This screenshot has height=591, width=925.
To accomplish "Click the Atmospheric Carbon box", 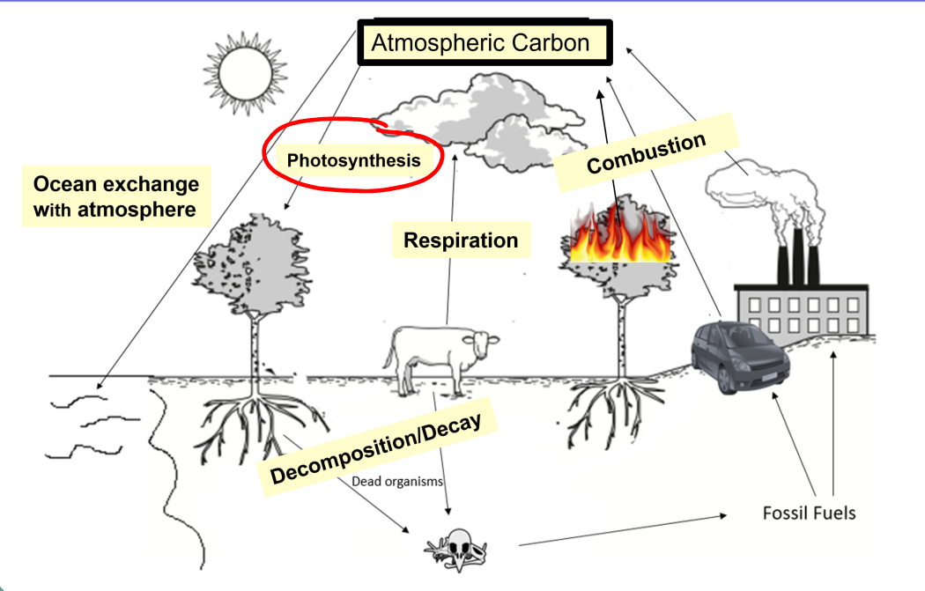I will pyautogui.click(x=480, y=43).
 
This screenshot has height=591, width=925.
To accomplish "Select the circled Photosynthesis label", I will pyautogui.click(x=353, y=161).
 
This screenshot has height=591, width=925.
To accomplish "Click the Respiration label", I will pyautogui.click(x=461, y=240).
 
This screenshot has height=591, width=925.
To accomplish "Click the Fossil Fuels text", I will pyautogui.click(x=809, y=512).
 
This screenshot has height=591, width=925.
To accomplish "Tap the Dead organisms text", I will pyautogui.click(x=396, y=482).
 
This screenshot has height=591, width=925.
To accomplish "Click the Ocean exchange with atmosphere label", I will pyautogui.click(x=115, y=197).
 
